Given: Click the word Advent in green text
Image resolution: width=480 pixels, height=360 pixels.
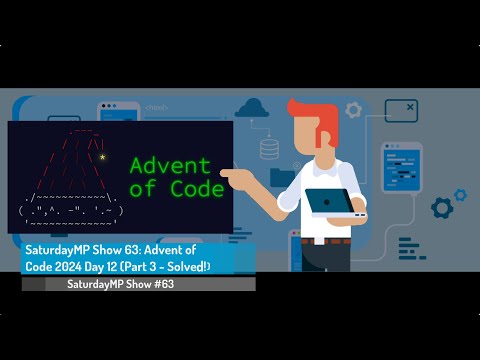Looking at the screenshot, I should (x=171, y=165).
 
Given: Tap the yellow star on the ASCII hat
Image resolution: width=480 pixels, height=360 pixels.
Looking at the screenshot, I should (x=103, y=157).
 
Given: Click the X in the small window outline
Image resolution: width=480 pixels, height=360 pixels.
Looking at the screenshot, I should (x=411, y=103).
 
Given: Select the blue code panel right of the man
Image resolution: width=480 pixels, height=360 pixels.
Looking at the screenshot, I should (x=402, y=165).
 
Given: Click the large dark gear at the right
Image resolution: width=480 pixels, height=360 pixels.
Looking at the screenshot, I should (x=442, y=207).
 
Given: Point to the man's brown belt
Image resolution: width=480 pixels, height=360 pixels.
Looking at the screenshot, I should (x=325, y=240).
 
